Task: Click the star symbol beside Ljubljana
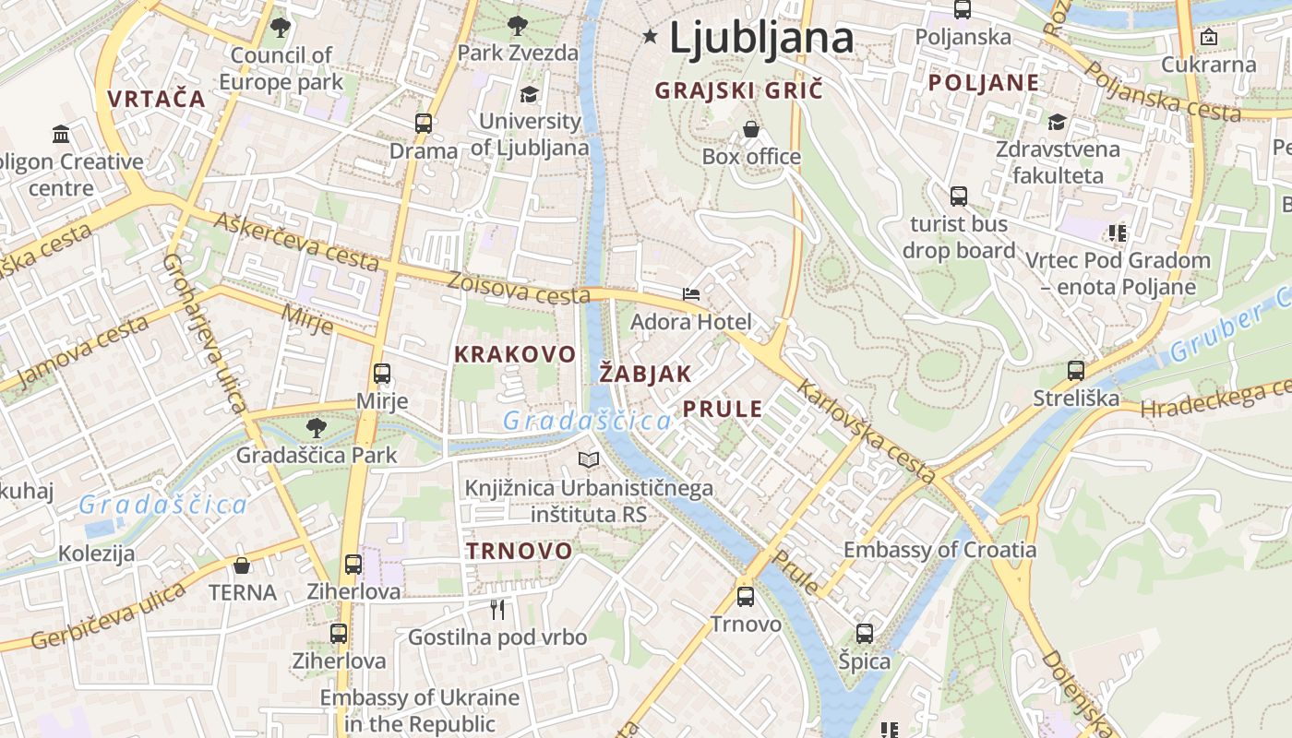[x=651, y=37]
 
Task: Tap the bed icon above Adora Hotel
[x=691, y=294]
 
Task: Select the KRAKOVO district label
[x=515, y=354]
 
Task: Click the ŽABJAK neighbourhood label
[x=645, y=374]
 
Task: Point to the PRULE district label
[x=723, y=409]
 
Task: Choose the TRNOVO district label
[x=519, y=551]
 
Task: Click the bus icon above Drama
[x=424, y=123]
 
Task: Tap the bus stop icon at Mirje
[x=382, y=374]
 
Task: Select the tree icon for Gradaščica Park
[x=317, y=427]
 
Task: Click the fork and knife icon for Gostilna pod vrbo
[x=497, y=609]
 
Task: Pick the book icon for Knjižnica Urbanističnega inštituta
[x=589, y=459]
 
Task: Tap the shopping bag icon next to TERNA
[x=242, y=565]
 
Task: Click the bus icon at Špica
[x=865, y=634]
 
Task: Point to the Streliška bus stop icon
[x=1076, y=371]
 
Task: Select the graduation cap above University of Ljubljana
[x=530, y=94]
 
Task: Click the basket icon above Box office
[x=751, y=129]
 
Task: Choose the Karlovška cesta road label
[x=867, y=432]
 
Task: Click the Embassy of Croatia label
[x=939, y=550]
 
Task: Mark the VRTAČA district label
[x=156, y=99]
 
